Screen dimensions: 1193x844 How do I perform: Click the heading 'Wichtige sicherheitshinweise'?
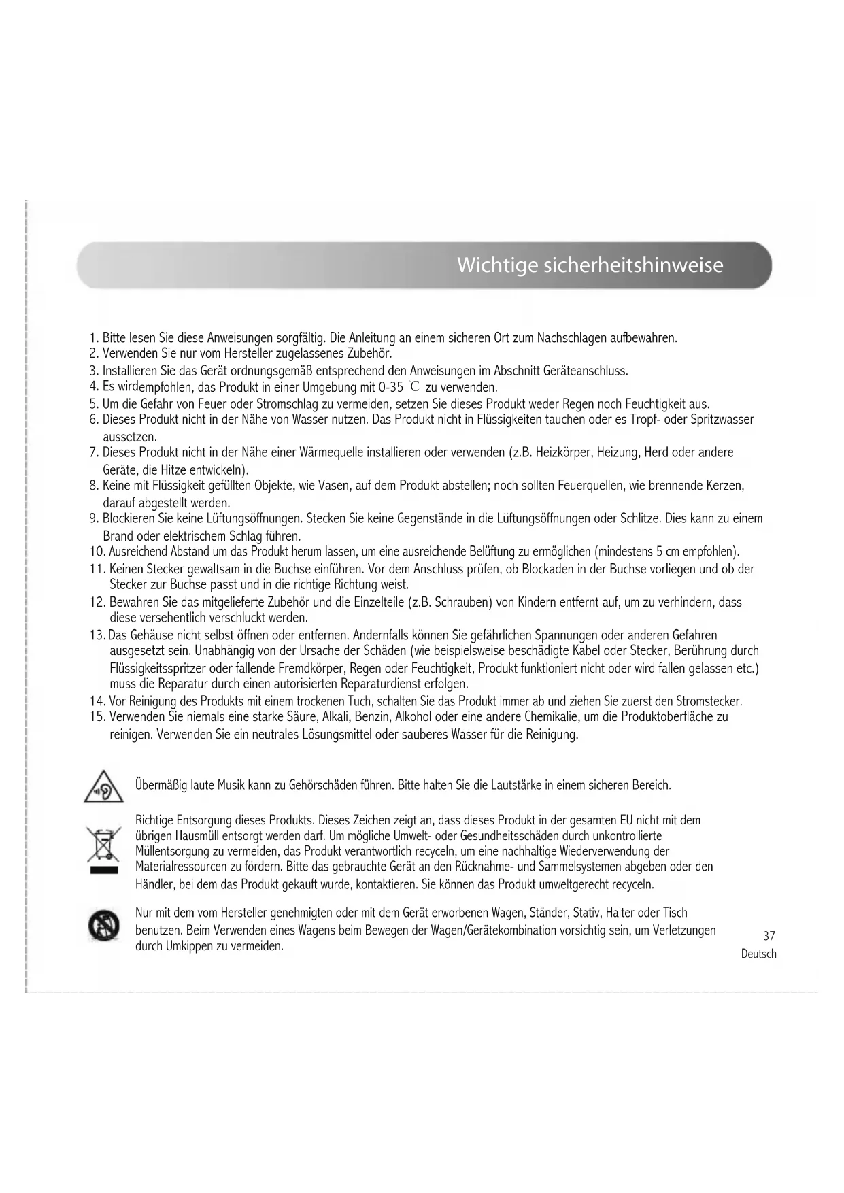pos(590,265)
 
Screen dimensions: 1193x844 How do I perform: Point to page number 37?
pos(769,936)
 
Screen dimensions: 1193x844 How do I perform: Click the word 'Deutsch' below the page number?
pos(758,954)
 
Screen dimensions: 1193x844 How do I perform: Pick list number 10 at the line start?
pos(96,551)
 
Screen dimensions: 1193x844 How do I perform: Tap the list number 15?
pos(96,717)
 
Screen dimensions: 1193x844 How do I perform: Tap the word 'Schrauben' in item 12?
pos(462,603)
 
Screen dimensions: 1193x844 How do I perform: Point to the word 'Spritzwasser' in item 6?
pos(722,420)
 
